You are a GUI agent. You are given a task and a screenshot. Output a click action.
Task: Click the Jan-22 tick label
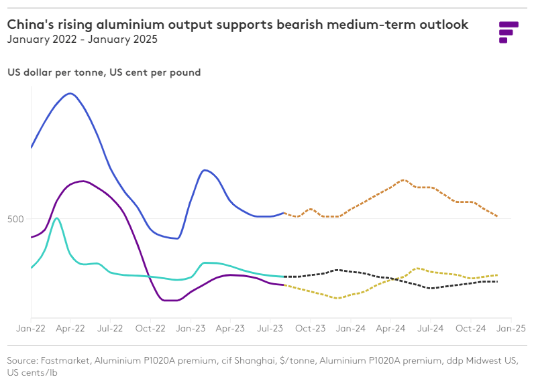31,329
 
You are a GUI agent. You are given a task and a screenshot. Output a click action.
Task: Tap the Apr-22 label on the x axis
70,329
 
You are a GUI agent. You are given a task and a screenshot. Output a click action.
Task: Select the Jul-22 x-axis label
110,329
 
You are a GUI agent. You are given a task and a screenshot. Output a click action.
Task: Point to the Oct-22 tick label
150,329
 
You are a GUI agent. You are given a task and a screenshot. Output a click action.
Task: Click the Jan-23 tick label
191,329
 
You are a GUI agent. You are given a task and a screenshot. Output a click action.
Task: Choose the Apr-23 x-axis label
231,329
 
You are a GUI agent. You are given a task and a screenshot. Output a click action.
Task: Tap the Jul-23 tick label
270,329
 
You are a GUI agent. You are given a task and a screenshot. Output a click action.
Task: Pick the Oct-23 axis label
311,329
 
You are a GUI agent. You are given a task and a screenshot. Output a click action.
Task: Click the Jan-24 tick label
351,329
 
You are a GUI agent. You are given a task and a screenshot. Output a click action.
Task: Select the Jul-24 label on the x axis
431,329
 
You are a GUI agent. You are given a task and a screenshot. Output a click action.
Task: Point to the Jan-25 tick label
511,329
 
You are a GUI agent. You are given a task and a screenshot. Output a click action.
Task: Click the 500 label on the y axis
17,219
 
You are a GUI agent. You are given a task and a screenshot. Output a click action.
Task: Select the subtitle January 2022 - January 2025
83,40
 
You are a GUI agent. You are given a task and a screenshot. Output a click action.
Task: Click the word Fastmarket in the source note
66,361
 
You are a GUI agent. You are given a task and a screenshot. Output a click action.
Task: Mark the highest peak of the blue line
70,93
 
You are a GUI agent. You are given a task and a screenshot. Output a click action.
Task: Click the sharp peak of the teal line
57,218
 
